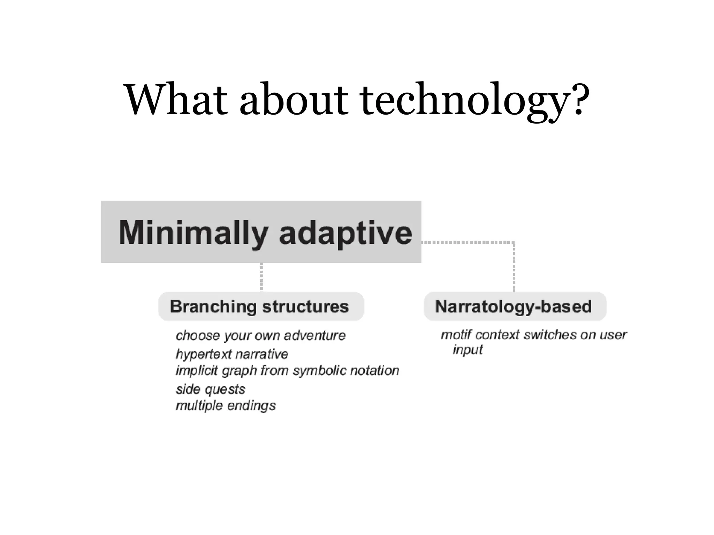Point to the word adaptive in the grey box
345,233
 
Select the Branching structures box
261,307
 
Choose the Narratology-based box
515,307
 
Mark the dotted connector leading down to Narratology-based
514,266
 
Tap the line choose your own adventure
260,335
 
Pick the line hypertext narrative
232,354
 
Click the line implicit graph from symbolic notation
287,371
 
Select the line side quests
210,389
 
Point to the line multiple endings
226,406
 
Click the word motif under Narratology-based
456,335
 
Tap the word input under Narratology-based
468,350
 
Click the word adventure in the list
314,335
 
